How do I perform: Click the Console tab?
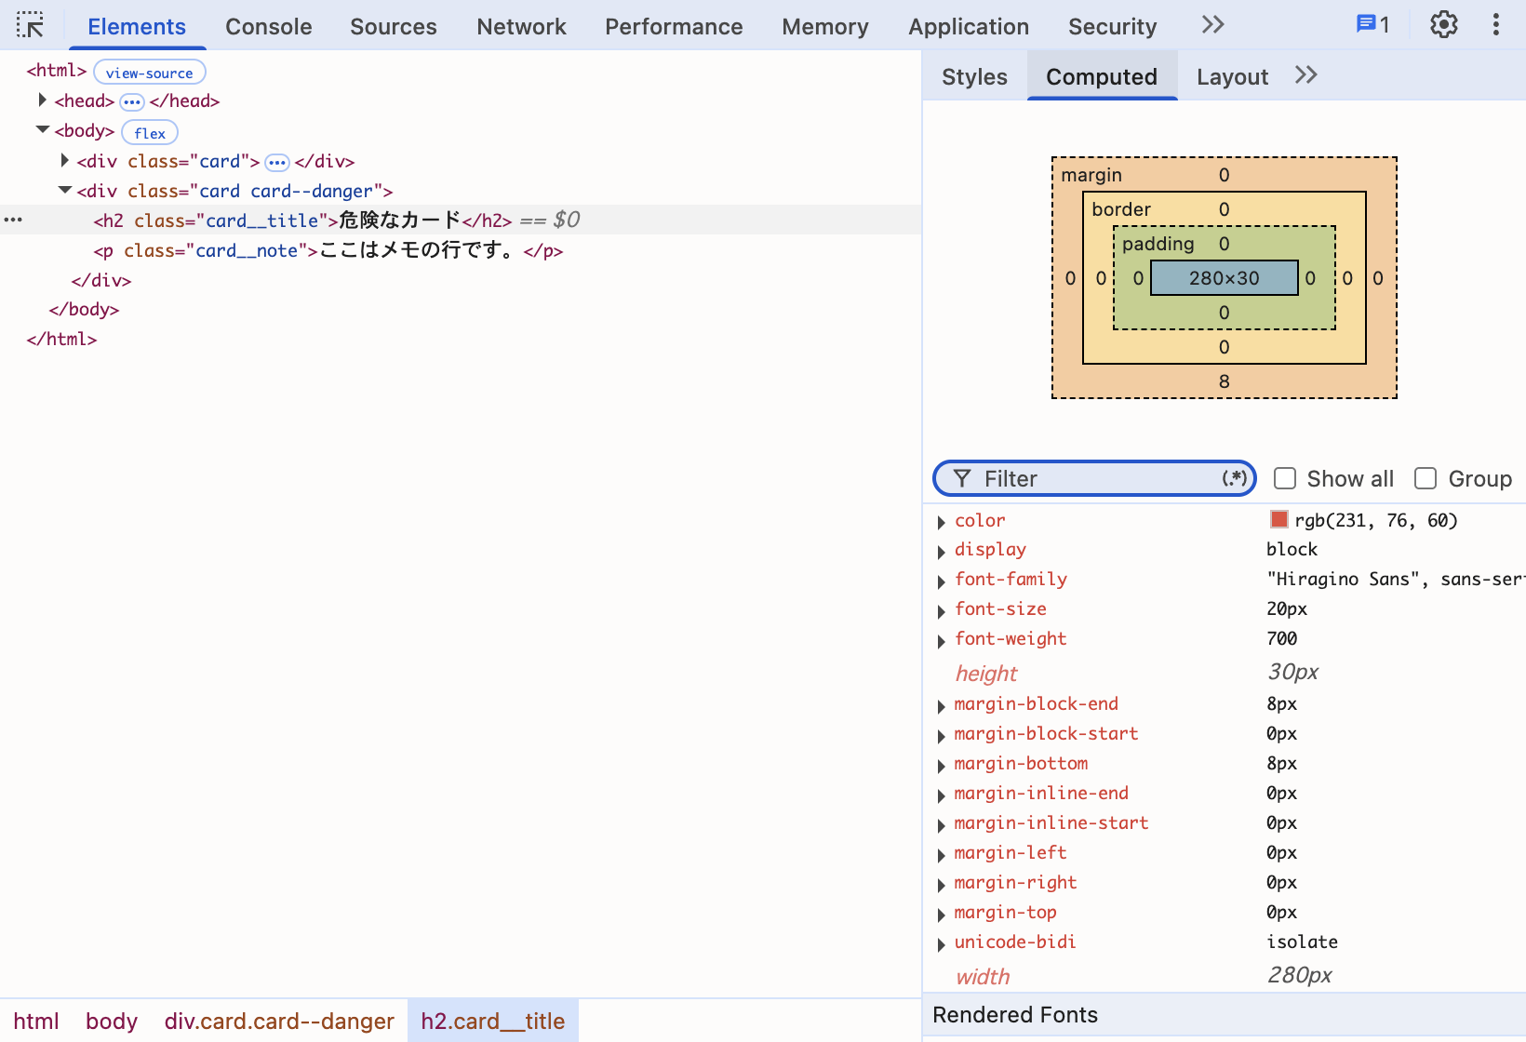tap(268, 27)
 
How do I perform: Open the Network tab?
tap(521, 27)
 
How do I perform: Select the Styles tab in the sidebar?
tap(974, 76)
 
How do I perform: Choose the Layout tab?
tap(1232, 76)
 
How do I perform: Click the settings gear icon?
tap(1443, 25)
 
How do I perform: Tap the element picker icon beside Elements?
tap(30, 25)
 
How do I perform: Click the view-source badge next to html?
tap(149, 73)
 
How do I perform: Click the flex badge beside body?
tap(150, 132)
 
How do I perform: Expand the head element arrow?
tap(42, 100)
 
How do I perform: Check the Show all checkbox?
tap(1285, 478)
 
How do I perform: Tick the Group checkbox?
tap(1426, 478)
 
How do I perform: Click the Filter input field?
tap(1094, 478)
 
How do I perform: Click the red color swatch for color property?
tap(1278, 519)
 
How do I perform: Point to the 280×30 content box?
tap(1225, 278)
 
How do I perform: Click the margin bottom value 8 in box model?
tap(1225, 381)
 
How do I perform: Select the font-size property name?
tap(1000, 608)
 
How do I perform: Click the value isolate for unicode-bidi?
tap(1302, 942)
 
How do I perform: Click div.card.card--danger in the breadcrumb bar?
tap(279, 1021)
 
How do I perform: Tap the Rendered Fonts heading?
tap(1015, 1015)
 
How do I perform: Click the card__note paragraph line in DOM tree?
tap(328, 250)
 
